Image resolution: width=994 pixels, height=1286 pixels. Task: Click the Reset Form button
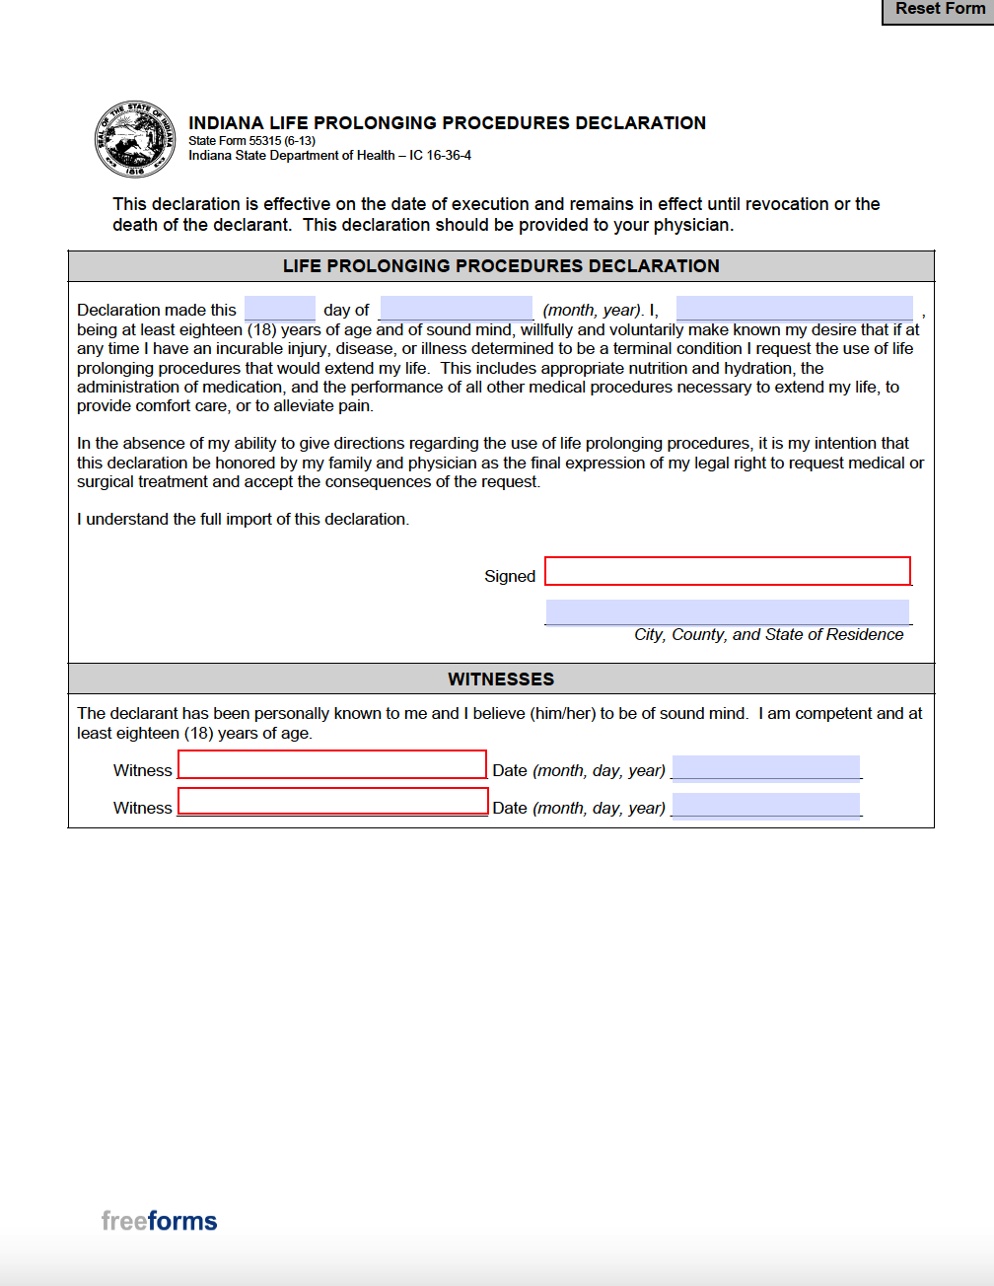[939, 10]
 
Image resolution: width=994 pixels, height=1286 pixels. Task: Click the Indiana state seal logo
[135, 139]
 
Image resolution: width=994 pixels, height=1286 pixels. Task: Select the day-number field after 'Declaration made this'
[279, 309]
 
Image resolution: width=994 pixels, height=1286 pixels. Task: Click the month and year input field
[456, 309]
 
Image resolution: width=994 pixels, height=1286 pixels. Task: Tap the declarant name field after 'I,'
[794, 309]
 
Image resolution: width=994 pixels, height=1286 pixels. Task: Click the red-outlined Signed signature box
[728, 571]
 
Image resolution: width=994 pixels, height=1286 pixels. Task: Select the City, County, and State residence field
[728, 612]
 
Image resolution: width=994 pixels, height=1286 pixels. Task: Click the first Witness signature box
[332, 765]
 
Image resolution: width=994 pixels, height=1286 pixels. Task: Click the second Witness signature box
[332, 801]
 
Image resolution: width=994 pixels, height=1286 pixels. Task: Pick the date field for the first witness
[766, 767]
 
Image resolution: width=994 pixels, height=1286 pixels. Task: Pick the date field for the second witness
[766, 806]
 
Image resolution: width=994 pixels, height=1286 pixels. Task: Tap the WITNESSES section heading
[501, 679]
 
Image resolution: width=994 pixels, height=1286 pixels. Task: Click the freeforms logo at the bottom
[159, 1221]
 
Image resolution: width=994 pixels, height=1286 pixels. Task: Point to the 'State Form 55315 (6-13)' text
[251, 141]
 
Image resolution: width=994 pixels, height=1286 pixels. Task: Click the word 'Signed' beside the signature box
[510, 576]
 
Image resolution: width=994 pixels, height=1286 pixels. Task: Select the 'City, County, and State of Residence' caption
[768, 635]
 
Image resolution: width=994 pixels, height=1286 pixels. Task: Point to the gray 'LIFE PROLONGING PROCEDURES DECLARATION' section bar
[501, 266]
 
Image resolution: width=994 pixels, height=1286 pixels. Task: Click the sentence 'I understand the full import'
[243, 520]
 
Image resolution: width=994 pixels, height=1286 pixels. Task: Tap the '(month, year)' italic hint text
[592, 310]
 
